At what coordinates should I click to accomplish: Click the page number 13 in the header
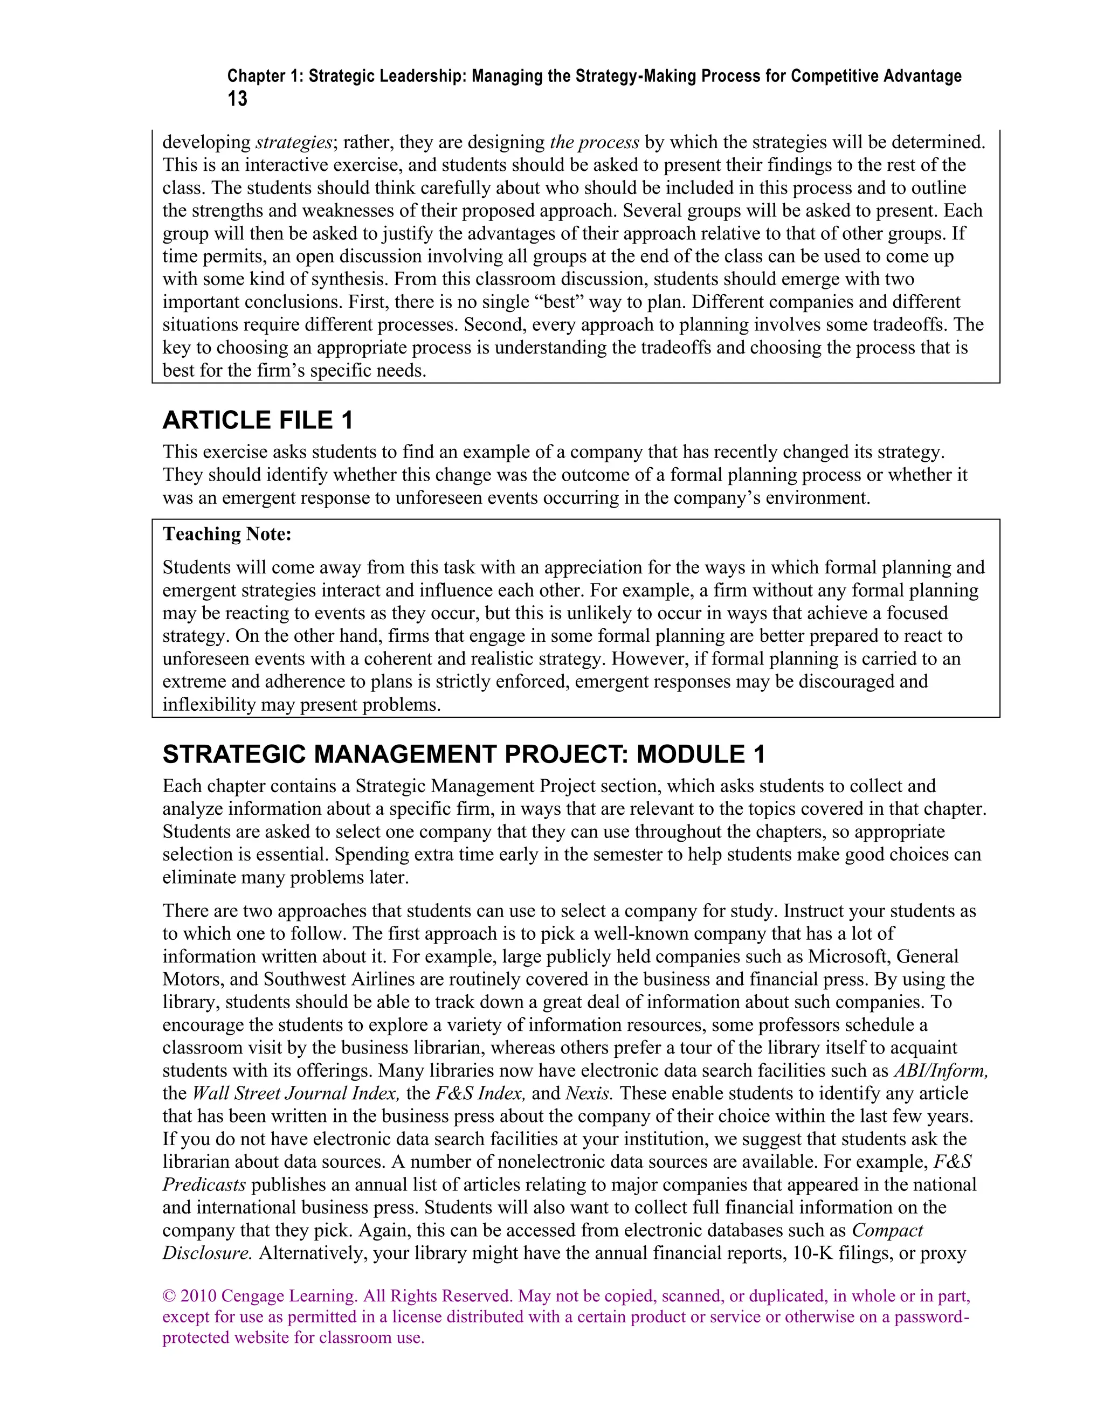(x=237, y=99)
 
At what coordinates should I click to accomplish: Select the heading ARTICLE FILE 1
(x=258, y=420)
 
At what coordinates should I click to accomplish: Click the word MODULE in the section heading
(x=691, y=754)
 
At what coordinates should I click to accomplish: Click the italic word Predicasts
(x=204, y=1185)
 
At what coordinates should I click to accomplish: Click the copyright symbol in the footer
(x=169, y=1296)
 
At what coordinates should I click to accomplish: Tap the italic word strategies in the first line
(x=294, y=142)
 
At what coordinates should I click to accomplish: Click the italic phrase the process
(x=595, y=142)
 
